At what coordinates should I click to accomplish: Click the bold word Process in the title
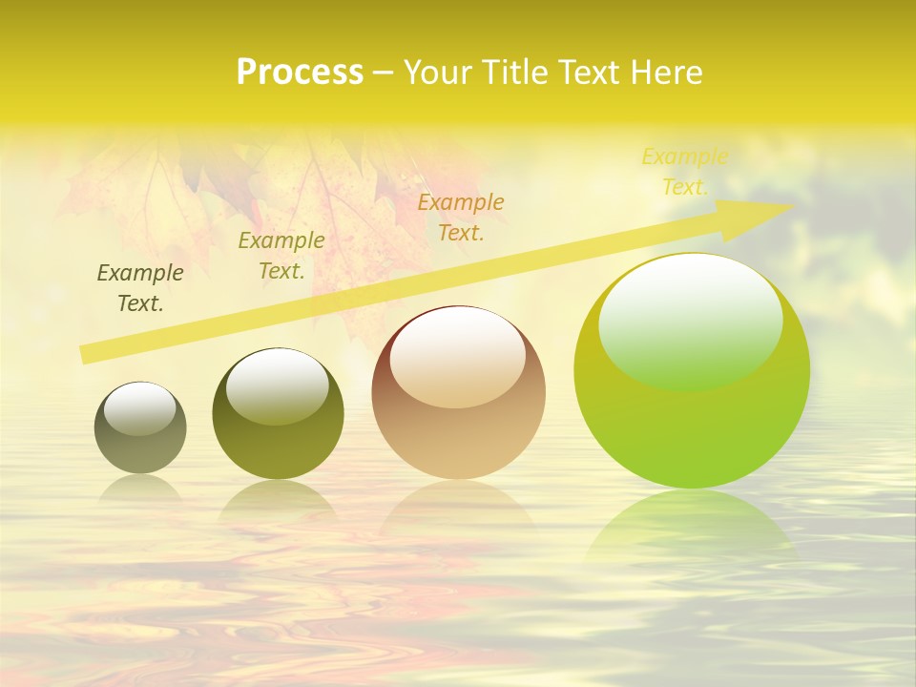[x=300, y=73]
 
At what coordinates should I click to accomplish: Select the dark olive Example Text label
[x=140, y=288]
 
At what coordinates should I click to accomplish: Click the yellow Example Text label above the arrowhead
[x=684, y=172]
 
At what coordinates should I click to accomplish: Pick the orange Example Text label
[x=461, y=217]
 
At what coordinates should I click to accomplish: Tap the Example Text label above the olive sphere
[x=281, y=256]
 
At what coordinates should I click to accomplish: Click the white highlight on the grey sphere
[x=140, y=408]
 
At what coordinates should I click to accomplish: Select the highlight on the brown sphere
[x=457, y=355]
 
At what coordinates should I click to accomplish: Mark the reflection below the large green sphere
[x=692, y=525]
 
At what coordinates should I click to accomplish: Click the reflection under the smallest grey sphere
[x=140, y=489]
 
